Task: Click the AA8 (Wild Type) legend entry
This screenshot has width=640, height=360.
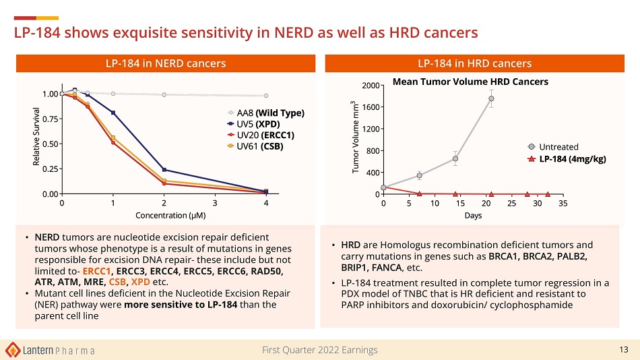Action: pyautogui.click(x=267, y=113)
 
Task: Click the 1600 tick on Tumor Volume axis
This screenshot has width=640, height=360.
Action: pyautogui.click(x=367, y=107)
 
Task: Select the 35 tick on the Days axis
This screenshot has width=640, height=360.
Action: pyautogui.click(x=563, y=203)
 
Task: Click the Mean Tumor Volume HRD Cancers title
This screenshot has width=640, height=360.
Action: pyautogui.click(x=470, y=82)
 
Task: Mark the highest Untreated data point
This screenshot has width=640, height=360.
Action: pyautogui.click(x=492, y=98)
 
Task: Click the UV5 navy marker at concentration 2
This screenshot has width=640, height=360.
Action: pyautogui.click(x=164, y=170)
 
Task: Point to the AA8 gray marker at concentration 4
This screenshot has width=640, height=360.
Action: pyautogui.click(x=266, y=96)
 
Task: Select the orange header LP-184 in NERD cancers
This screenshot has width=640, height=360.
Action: pyautogui.click(x=165, y=63)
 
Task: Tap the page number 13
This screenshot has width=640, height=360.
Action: pyautogui.click(x=623, y=349)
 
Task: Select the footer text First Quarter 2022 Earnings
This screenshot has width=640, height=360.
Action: pyautogui.click(x=320, y=349)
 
